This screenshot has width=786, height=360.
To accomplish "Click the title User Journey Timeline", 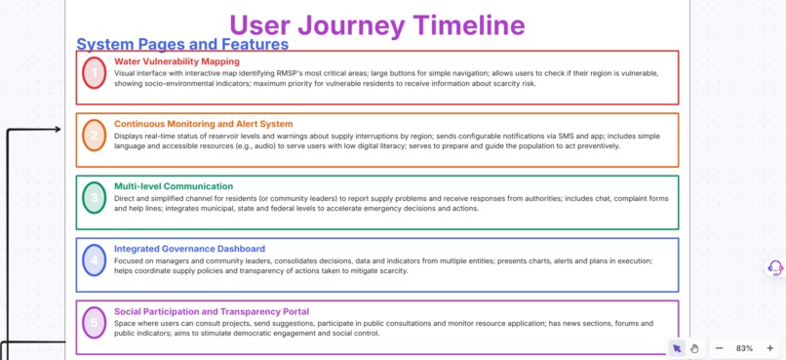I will pyautogui.click(x=376, y=24).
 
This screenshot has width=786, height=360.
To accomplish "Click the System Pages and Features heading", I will pyautogui.click(x=182, y=44).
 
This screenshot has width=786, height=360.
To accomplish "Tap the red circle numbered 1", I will pyautogui.click(x=94, y=73).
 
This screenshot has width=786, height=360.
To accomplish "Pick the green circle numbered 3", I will pyautogui.click(x=94, y=198).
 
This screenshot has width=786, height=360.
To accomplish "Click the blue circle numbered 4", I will pyautogui.click(x=94, y=260).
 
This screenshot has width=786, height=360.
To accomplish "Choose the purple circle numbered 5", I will pyautogui.click(x=94, y=322).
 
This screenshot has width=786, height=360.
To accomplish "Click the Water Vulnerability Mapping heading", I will pyautogui.click(x=177, y=61).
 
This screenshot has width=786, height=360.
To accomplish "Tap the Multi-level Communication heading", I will pyautogui.click(x=174, y=186).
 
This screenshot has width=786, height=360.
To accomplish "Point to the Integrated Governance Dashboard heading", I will pyautogui.click(x=189, y=249).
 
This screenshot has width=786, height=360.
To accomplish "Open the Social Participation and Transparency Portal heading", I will pyautogui.click(x=212, y=311).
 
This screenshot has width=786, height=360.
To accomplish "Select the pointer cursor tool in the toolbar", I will pyautogui.click(x=677, y=348).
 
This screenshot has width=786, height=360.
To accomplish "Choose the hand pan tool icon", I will pyautogui.click(x=694, y=348).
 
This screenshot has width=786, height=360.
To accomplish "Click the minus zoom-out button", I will pyautogui.click(x=719, y=348).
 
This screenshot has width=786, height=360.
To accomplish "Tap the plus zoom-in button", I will pyautogui.click(x=770, y=348).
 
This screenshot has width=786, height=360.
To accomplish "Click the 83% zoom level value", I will pyautogui.click(x=744, y=348).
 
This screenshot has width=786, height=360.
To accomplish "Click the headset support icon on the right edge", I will pyautogui.click(x=775, y=267).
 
